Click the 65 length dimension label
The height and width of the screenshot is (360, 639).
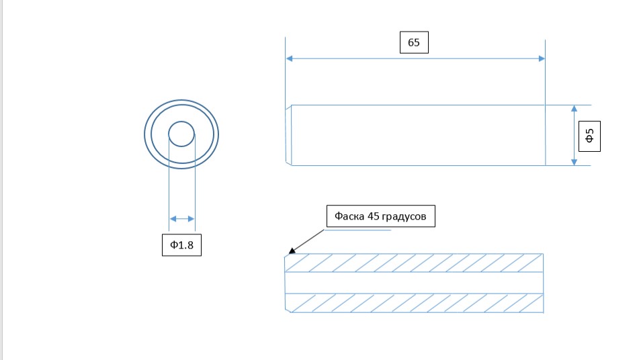click(x=414, y=42)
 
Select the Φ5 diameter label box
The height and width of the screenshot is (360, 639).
click(x=589, y=136)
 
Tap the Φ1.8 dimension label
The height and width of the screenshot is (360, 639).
click(x=182, y=244)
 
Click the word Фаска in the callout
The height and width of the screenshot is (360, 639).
click(x=349, y=216)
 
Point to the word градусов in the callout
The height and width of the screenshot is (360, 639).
click(x=404, y=216)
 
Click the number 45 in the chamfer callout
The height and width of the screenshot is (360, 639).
click(x=374, y=216)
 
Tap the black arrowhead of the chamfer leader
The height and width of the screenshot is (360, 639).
click(x=292, y=251)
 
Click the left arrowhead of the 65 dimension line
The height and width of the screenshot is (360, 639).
click(x=290, y=58)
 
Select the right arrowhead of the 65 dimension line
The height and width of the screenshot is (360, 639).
click(x=542, y=58)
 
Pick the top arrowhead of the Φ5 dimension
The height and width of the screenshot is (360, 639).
click(x=574, y=109)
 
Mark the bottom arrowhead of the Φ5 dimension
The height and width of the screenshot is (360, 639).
click(x=574, y=162)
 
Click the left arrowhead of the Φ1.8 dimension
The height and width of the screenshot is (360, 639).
click(x=173, y=219)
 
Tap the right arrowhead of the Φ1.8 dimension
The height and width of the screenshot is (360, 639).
click(x=191, y=219)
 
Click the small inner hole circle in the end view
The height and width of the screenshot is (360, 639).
click(x=181, y=122)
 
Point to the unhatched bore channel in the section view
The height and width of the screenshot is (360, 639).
click(x=414, y=283)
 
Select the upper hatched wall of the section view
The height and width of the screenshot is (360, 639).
click(x=414, y=263)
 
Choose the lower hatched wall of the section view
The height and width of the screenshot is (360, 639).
click(x=414, y=303)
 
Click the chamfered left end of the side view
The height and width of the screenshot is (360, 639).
click(x=288, y=135)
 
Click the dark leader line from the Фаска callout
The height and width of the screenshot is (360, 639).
click(x=309, y=240)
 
